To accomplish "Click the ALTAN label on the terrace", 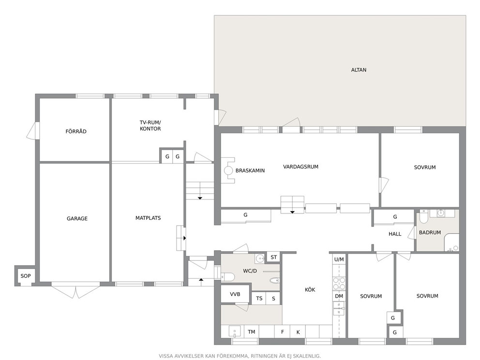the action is click(359, 70).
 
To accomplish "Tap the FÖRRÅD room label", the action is click(76, 131).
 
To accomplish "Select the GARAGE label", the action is click(77, 218).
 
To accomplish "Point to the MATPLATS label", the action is click(148, 218).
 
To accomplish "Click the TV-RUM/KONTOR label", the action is click(150, 125).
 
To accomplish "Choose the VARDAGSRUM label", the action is click(300, 167).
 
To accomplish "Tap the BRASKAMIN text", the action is click(250, 170).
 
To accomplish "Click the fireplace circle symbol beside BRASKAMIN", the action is click(228, 170).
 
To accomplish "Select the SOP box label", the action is click(26, 276).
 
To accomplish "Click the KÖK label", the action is click(310, 289).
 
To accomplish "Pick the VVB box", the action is click(235, 294).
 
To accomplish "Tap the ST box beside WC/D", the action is click(274, 257).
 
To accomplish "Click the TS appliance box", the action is click(259, 298).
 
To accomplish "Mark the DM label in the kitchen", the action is click(339, 296).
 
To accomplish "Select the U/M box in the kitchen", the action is click(339, 259).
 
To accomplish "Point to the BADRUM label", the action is click(430, 232).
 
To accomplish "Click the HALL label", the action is click(395, 234).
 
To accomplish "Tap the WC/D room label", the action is click(250, 271).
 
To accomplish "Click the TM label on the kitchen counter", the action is click(251, 332).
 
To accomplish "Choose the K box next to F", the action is click(298, 332).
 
